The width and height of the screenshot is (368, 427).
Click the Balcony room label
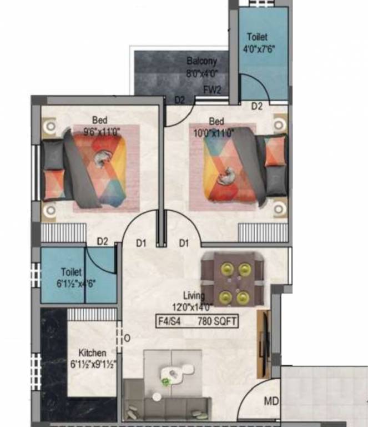coord(201,61)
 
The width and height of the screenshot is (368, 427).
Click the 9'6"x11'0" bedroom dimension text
coord(97,132)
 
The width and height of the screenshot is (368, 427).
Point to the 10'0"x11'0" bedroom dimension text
coord(214,132)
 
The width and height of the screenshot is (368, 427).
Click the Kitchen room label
coord(92,353)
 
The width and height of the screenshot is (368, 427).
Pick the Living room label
coord(194,296)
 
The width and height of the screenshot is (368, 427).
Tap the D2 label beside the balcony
coord(180,100)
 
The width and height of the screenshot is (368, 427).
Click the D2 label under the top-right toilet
coord(256,106)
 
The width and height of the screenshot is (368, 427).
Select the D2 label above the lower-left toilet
coord(102,241)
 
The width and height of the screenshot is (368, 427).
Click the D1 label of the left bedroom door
coord(141,243)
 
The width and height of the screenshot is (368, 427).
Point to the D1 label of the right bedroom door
coord(184,243)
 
